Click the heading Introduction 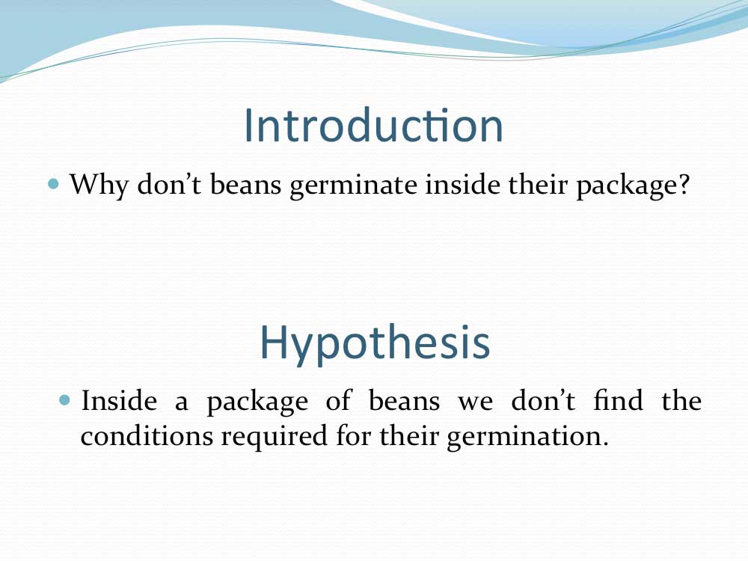pyautogui.click(x=373, y=125)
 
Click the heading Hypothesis pyautogui.click(x=375, y=343)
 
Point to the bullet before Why pyautogui.click(x=54, y=184)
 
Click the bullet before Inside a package pyautogui.click(x=64, y=399)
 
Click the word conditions pyautogui.click(x=147, y=435)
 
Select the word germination pyautogui.click(x=527, y=437)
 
